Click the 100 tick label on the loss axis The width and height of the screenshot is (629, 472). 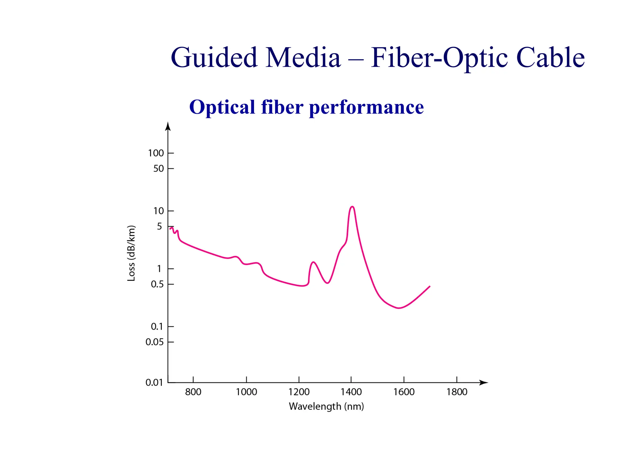coord(156,153)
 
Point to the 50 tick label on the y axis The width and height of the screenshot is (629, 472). coord(158,168)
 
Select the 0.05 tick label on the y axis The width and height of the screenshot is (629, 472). coord(154,342)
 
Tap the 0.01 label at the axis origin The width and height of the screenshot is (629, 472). coord(154,383)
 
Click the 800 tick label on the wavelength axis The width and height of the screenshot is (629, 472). coord(193,392)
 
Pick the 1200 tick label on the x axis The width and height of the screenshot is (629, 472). coord(299,392)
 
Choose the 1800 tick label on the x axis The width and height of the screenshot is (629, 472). coord(457,392)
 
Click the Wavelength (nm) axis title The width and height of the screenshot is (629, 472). coord(326,407)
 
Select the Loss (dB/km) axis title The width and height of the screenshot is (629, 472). coord(131,253)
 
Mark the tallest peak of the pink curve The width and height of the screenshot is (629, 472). coord(352,207)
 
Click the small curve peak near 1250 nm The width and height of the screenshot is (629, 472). coord(313,262)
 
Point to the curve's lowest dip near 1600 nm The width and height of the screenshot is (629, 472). coord(399,308)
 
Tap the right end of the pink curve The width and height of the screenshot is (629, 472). coord(429,286)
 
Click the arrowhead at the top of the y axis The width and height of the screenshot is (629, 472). coord(168,126)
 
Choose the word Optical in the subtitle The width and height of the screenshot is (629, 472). coord(222,107)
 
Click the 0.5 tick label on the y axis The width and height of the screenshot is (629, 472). coord(157,284)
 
